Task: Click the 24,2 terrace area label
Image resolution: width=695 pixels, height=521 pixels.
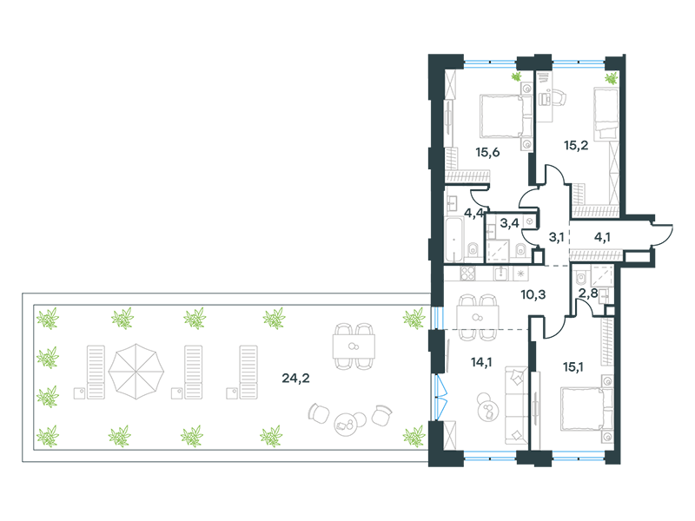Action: tap(295, 379)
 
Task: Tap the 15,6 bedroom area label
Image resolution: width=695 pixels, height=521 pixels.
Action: tap(487, 153)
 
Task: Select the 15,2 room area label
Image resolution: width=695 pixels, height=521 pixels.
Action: tap(576, 145)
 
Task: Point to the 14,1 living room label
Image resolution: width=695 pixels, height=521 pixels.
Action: tap(481, 362)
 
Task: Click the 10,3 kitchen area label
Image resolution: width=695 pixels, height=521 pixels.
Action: tap(533, 294)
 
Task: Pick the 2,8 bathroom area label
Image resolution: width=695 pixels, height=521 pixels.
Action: tap(589, 293)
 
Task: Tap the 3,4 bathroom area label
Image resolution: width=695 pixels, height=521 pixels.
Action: tap(509, 223)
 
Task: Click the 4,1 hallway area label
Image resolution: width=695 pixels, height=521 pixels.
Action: tap(602, 237)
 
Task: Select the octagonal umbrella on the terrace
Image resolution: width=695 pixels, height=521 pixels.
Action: tap(136, 372)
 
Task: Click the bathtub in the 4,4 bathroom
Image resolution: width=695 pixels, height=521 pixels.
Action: tap(453, 240)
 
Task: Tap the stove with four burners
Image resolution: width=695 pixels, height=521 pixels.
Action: tap(467, 274)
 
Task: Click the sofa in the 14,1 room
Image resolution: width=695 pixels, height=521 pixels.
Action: tap(516, 405)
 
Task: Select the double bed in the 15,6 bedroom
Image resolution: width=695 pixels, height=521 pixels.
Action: tap(506, 116)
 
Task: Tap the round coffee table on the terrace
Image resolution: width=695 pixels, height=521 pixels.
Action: tap(344, 424)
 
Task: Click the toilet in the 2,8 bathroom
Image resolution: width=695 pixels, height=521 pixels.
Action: tap(580, 279)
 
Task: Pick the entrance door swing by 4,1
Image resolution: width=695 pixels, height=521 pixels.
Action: tap(663, 234)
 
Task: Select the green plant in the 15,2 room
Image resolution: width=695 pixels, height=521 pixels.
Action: tap(612, 78)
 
